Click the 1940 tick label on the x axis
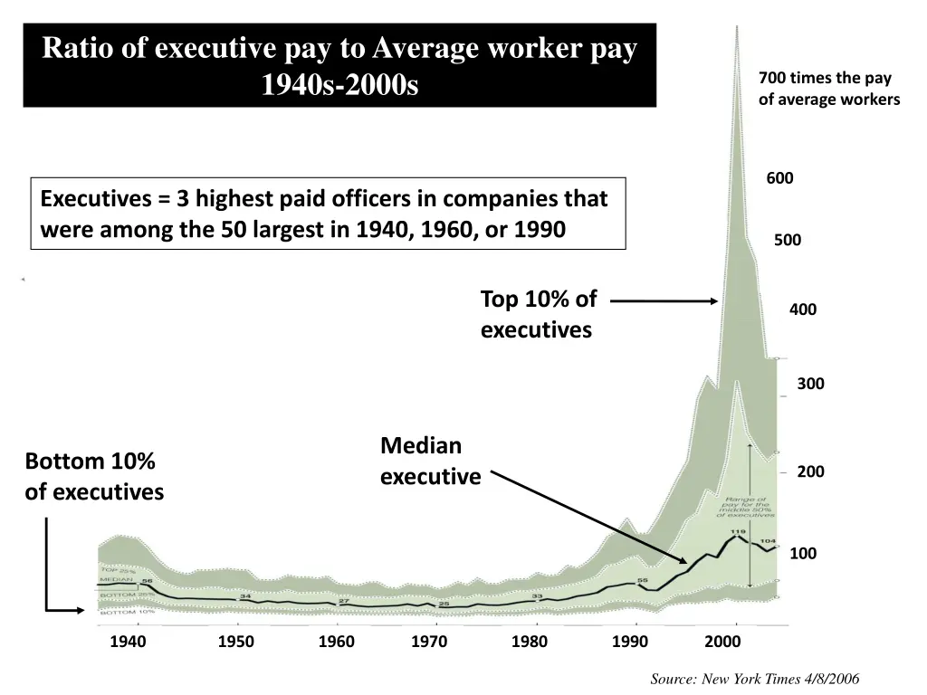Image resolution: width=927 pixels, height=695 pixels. point(128,643)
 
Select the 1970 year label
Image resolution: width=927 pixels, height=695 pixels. point(429,643)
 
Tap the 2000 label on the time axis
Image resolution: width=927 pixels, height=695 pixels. point(722,643)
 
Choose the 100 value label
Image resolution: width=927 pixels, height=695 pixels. point(803,554)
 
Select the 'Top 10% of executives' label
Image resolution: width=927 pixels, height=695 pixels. point(538,314)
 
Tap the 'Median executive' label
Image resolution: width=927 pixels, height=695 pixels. point(430,461)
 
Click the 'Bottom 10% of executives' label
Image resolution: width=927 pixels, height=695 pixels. point(93,476)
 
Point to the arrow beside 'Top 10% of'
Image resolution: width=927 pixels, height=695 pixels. point(671,301)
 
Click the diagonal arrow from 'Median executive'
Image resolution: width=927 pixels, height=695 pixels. point(588,516)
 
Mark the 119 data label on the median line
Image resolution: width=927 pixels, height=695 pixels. point(738,531)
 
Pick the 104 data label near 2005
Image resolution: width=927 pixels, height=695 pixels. point(768,541)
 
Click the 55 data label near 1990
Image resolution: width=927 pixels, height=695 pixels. point(643,580)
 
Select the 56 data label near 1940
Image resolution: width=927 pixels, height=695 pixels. point(146,581)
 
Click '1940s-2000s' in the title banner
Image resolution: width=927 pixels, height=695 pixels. point(339,86)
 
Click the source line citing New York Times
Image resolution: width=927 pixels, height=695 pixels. point(754,679)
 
